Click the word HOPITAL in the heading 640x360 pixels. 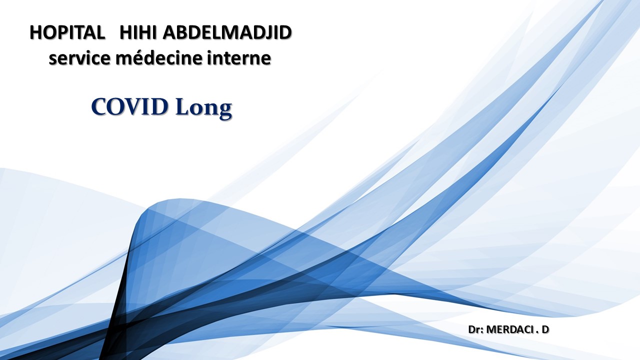pyautogui.click(x=67, y=32)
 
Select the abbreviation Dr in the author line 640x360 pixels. pyautogui.click(x=473, y=330)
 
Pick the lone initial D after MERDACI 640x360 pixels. pyautogui.click(x=545, y=330)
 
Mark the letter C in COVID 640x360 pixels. pyautogui.click(x=99, y=106)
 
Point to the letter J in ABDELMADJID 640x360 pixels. pyautogui.click(x=270, y=33)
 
